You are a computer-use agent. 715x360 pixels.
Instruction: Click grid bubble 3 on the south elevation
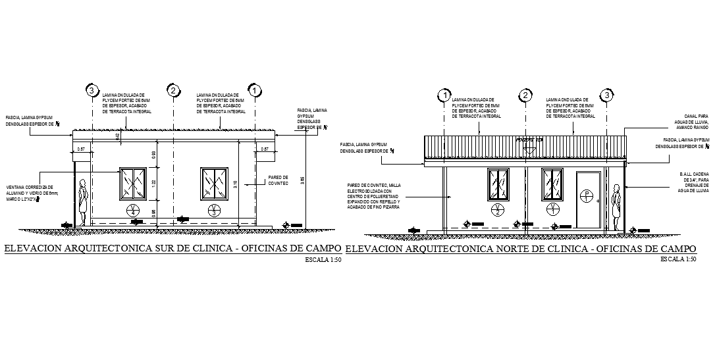click(x=92, y=90)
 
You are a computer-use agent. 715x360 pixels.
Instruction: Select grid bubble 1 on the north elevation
click(x=445, y=96)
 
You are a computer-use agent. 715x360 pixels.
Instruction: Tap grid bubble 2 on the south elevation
click(x=173, y=90)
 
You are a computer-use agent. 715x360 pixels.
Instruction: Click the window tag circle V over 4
click(x=134, y=211)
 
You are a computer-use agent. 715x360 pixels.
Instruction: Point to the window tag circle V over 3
click(x=215, y=211)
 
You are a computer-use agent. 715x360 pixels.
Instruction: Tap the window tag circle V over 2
click(x=498, y=210)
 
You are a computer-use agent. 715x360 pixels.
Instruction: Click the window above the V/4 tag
click(x=133, y=184)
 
